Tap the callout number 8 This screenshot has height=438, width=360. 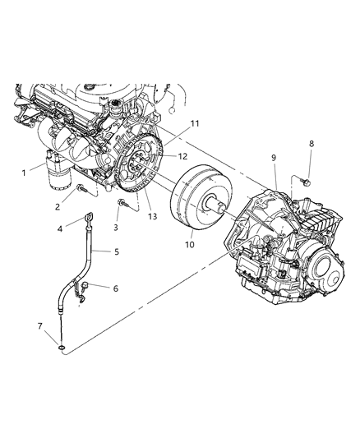coord(311,145)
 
